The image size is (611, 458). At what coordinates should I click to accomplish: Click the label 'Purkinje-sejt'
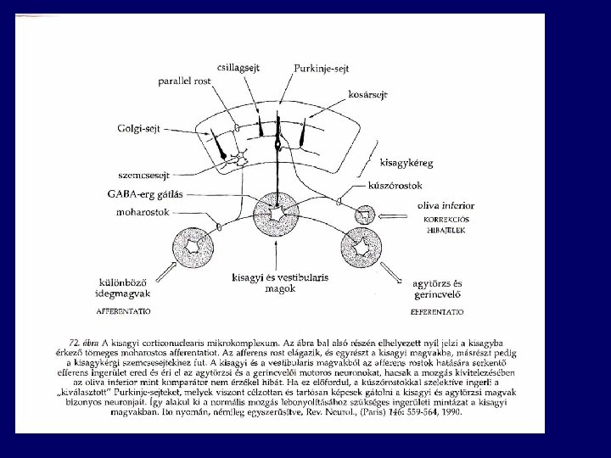322,67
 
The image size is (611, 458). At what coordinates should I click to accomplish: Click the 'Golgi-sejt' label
141,128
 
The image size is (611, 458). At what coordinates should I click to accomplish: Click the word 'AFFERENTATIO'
124,312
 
